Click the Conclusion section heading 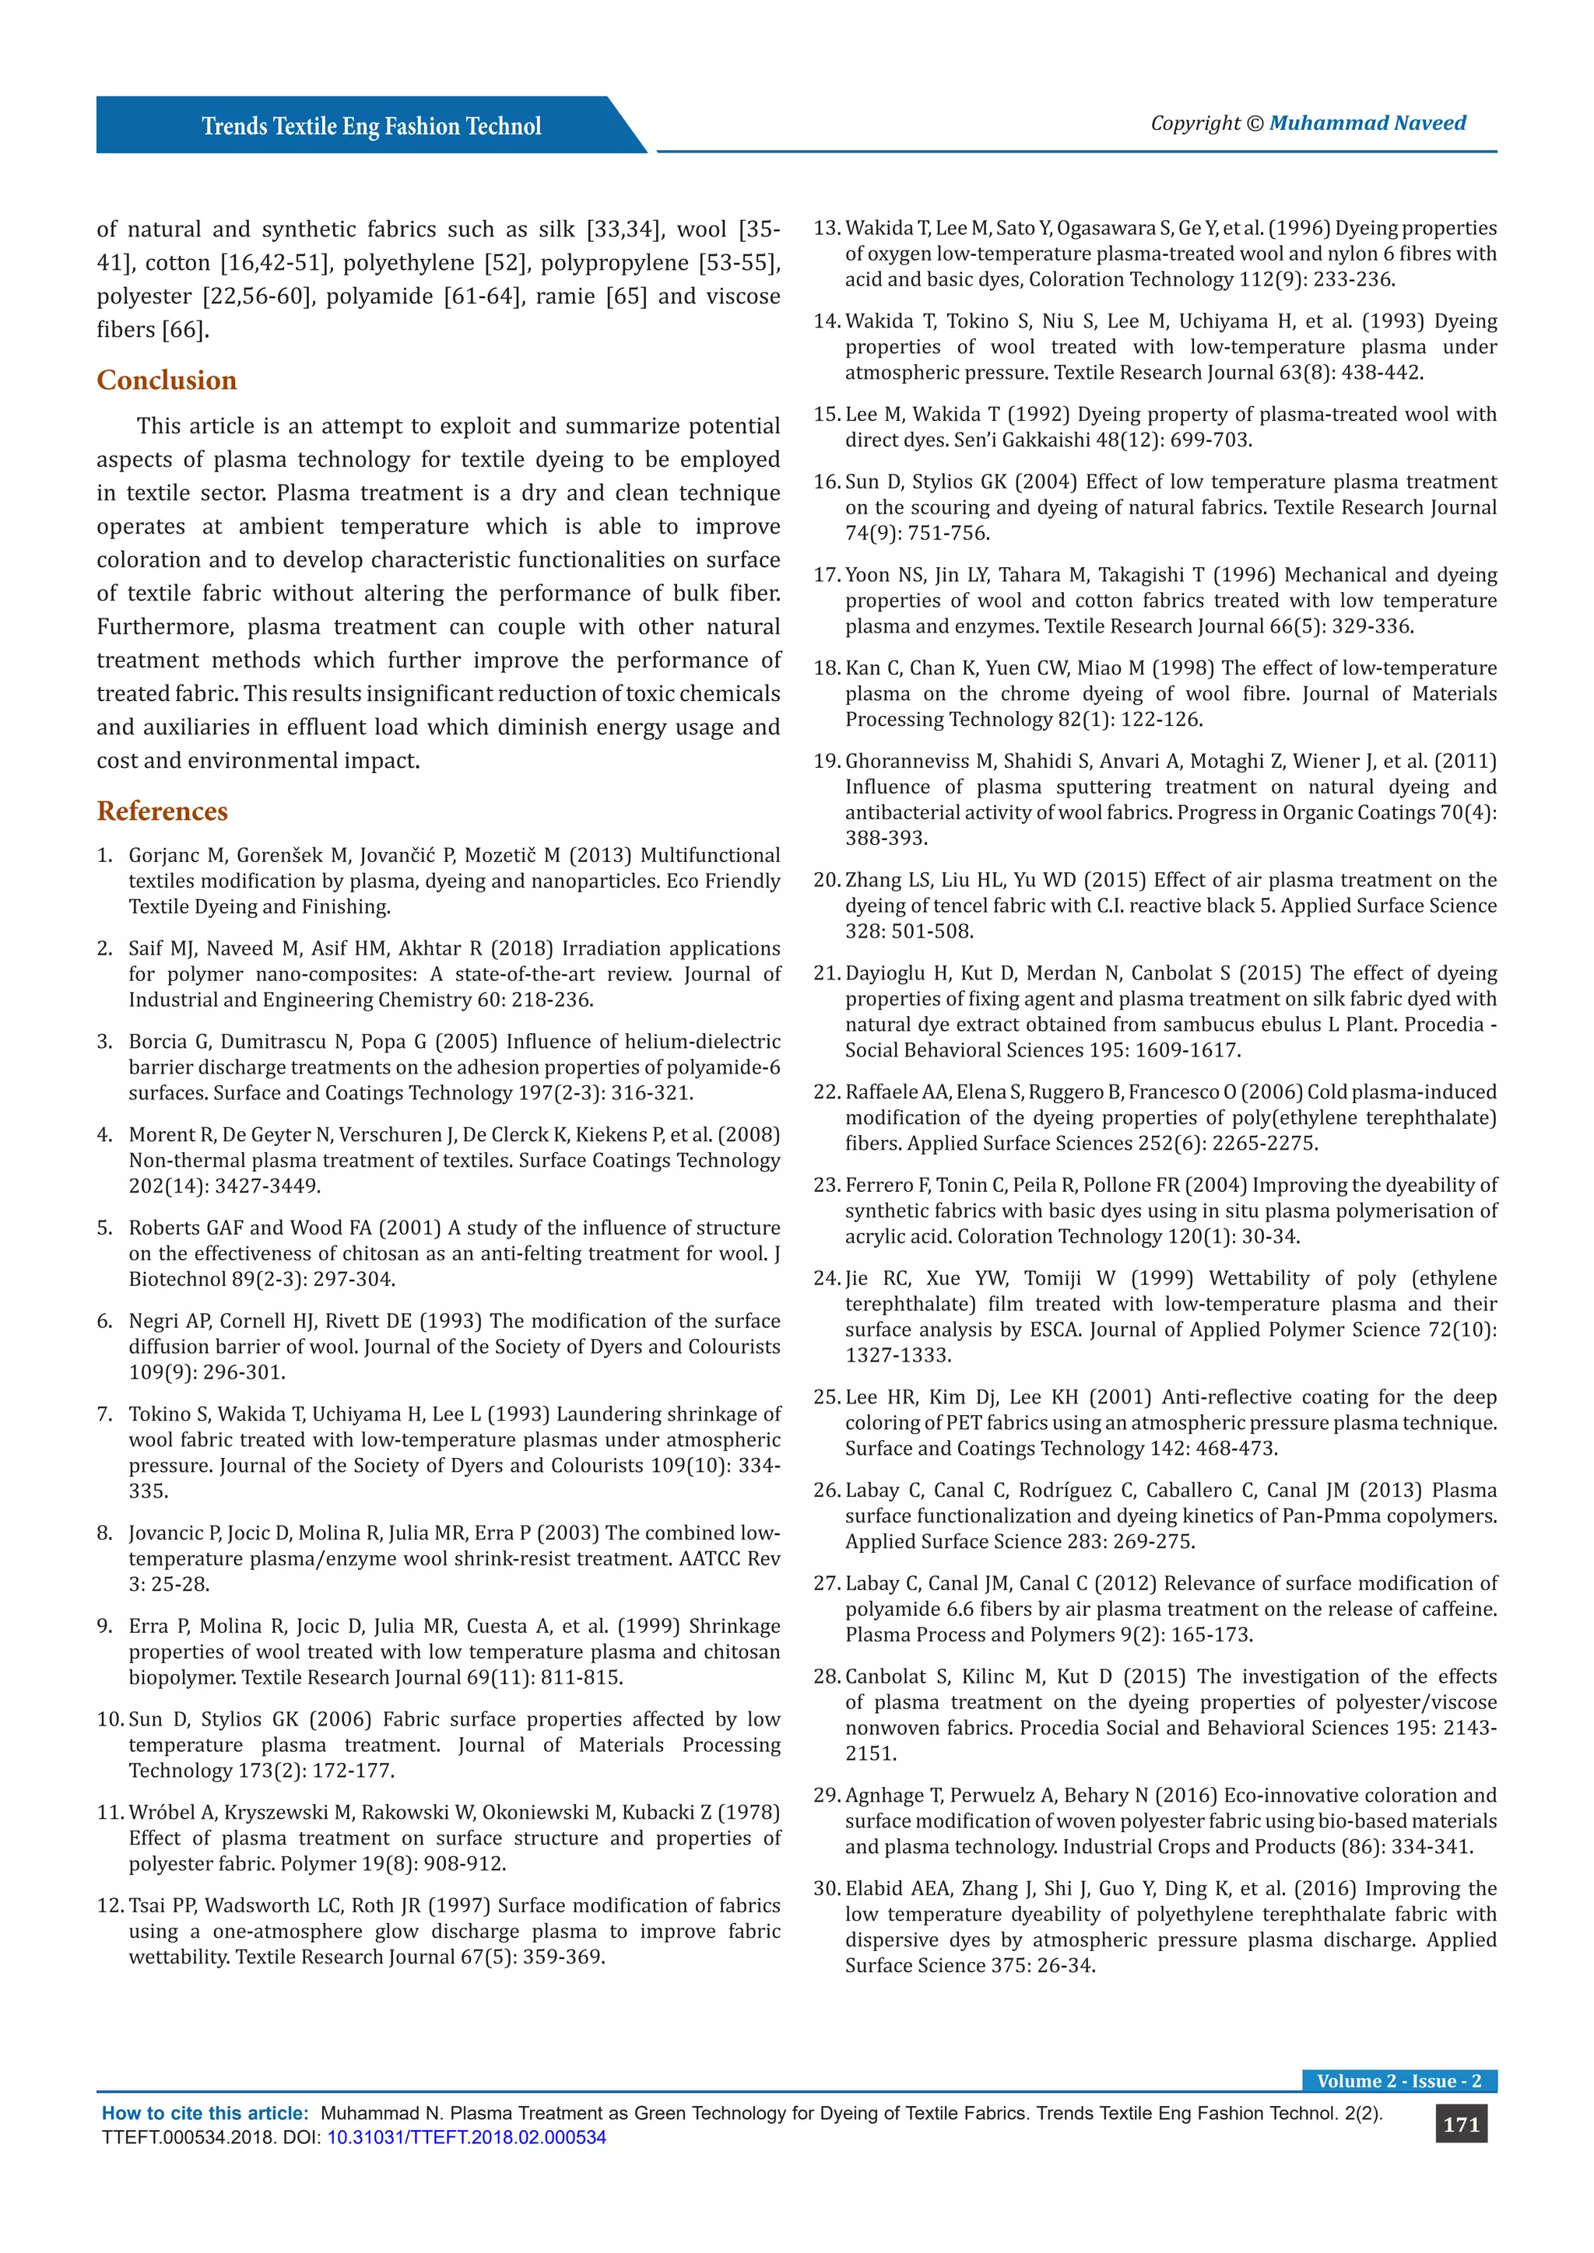tap(166, 380)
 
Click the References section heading tap(162, 811)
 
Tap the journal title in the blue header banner tap(371, 127)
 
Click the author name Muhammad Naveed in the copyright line tap(1368, 124)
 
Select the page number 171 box tap(1460, 2125)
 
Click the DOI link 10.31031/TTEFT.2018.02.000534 tap(466, 2137)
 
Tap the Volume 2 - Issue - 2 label tap(1399, 2081)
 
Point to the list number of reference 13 tap(827, 229)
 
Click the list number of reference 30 tap(827, 1889)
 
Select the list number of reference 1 tap(104, 856)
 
